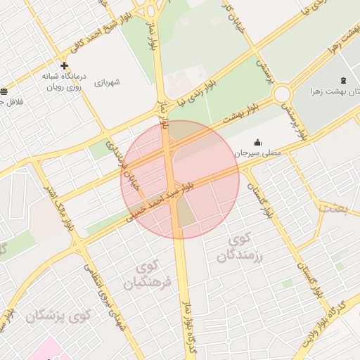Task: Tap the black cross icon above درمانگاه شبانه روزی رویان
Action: [64, 66]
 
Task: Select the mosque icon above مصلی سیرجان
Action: [257, 141]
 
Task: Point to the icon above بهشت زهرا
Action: [342, 80]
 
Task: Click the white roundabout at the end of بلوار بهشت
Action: [283, 94]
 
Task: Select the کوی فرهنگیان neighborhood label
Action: [147, 275]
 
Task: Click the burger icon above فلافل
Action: [4, 92]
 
